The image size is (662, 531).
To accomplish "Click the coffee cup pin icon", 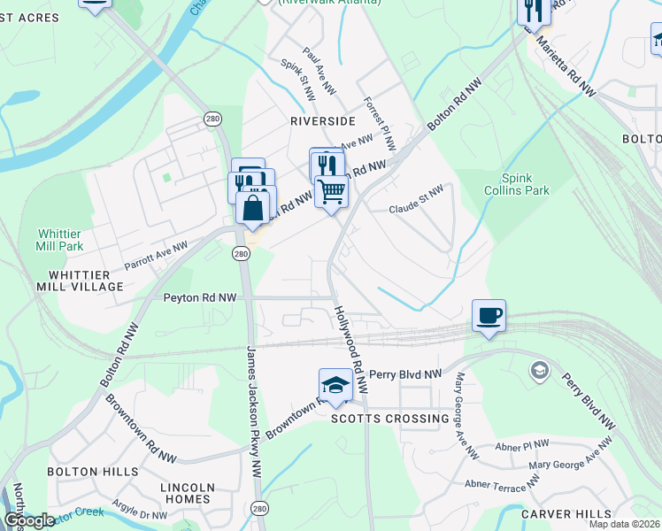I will point(489,316).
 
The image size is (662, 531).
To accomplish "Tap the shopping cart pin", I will point(332,190).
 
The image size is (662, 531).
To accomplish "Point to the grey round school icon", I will point(537,369).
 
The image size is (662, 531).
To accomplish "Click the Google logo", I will point(29,520).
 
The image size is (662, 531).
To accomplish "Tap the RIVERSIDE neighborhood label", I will point(322,120).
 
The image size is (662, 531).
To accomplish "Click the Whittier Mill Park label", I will point(60,239).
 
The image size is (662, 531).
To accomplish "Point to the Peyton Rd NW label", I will point(200,298).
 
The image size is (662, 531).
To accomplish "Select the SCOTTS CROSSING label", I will point(390,419).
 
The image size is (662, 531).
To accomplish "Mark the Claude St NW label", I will point(415,209).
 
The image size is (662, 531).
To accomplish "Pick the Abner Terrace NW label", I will point(502,483).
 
